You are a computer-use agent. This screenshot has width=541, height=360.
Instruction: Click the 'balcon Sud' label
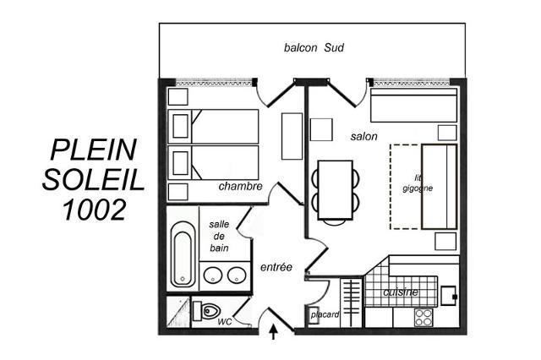314,47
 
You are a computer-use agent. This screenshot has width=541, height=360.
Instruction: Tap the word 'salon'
363,137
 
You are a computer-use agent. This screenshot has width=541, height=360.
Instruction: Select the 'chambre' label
240,186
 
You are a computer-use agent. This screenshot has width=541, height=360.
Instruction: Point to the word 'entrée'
276,267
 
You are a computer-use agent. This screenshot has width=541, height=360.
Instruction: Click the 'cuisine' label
401,292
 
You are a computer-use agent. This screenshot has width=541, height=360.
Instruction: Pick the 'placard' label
325,314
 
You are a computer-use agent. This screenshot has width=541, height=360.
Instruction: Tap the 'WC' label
224,322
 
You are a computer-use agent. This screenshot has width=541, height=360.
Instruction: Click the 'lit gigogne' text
418,183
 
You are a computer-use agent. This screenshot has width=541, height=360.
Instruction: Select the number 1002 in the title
94,210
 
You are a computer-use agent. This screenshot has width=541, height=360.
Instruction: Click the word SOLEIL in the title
93,180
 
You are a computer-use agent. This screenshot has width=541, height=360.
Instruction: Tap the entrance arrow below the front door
274,331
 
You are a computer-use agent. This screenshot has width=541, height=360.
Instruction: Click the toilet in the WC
206,311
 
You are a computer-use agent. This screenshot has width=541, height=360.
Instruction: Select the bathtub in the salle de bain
183,254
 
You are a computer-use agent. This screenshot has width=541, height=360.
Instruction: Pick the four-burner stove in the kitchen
424,317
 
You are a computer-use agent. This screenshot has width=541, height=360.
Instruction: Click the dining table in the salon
336,190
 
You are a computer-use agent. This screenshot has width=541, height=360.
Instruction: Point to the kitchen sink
448,296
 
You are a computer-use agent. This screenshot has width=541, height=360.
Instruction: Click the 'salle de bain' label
219,237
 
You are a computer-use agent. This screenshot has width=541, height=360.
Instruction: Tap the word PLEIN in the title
94,150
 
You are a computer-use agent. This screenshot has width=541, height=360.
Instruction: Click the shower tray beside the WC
178,311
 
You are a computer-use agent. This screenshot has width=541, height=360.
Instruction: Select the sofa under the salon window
413,105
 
